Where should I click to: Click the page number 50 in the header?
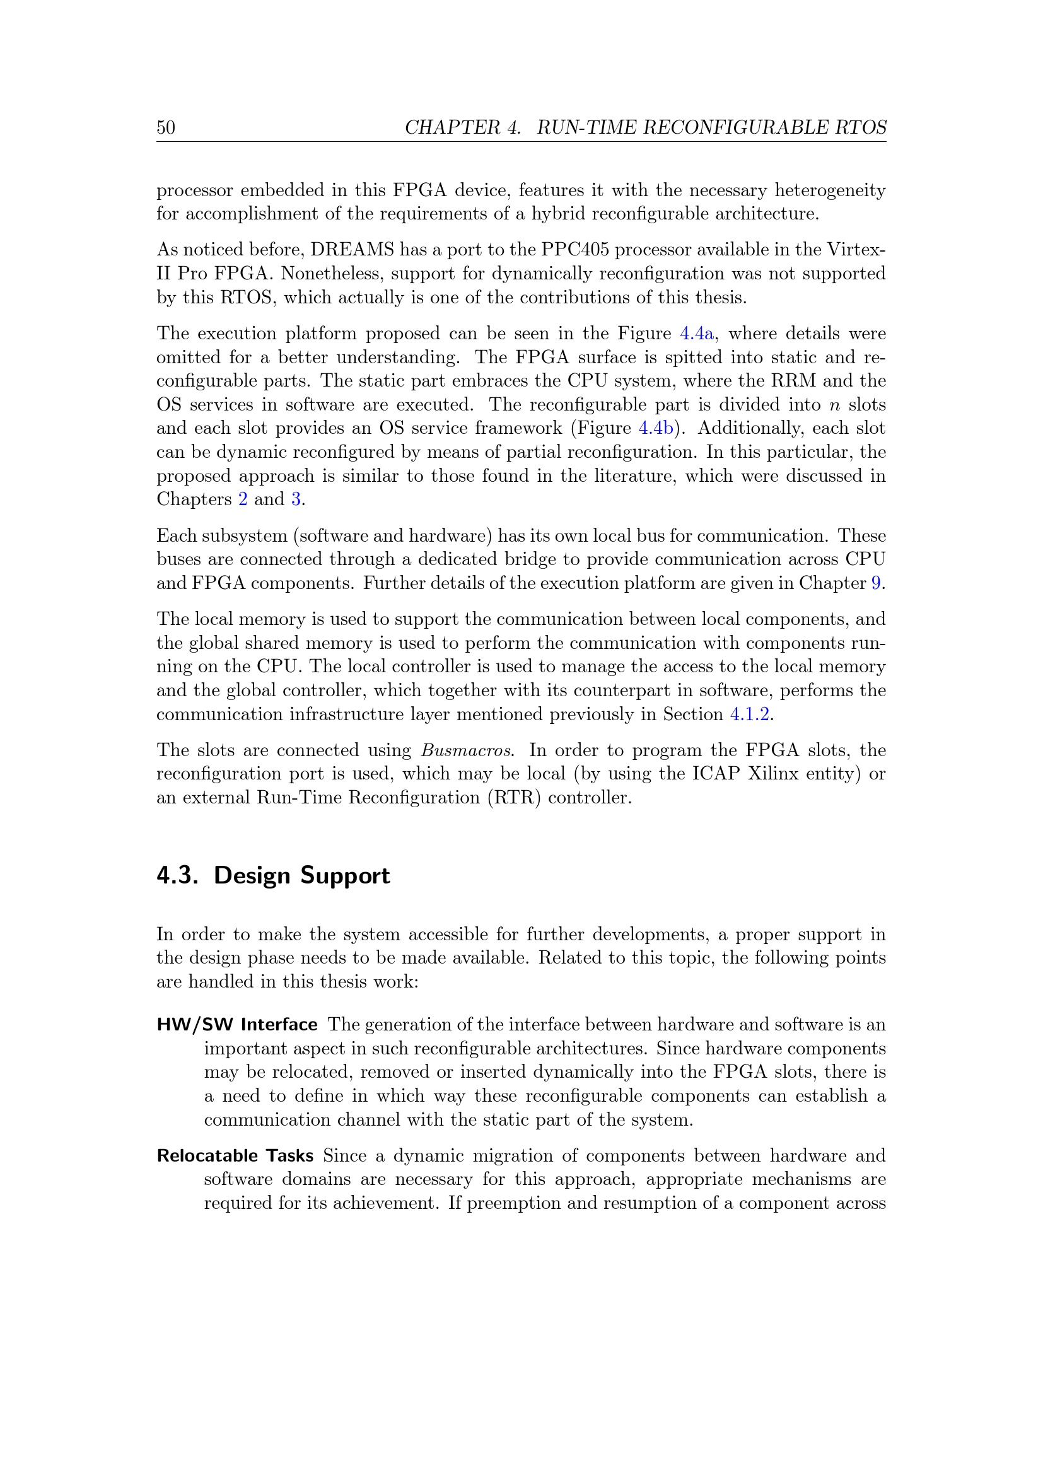pos(166,127)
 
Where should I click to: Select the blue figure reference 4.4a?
pos(696,334)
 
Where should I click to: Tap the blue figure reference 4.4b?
pos(655,428)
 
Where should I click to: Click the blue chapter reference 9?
pos(876,583)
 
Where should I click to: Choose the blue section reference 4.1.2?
pos(750,714)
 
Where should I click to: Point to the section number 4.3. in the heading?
pos(177,876)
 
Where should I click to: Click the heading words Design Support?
pos(301,876)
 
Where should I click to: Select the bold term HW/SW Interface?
pos(237,1025)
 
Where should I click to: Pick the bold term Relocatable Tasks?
pos(235,1156)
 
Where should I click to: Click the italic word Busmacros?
pos(467,750)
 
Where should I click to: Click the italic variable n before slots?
pos(835,405)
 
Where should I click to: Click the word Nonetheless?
pos(328,274)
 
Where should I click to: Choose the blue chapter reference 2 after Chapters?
pos(243,500)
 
